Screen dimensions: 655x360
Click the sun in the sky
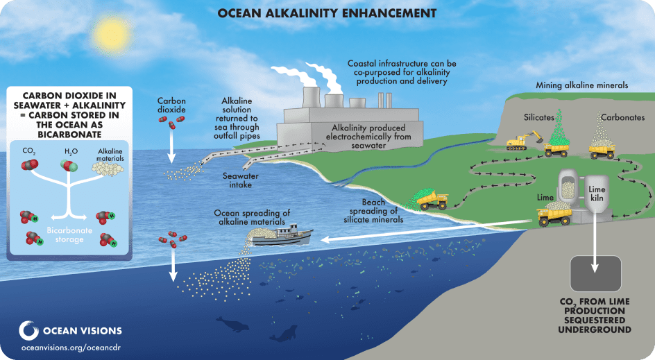(x=112, y=35)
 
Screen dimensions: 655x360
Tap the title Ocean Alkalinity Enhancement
(x=327, y=13)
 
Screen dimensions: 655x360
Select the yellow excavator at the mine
(x=523, y=141)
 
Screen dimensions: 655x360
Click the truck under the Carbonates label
(x=602, y=151)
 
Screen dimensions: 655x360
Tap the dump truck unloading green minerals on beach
(x=433, y=200)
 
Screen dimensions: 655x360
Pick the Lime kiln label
(x=597, y=194)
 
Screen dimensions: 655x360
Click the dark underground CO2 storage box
(x=596, y=273)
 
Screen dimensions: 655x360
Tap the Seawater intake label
(x=241, y=180)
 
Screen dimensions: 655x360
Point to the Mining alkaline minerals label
(x=582, y=85)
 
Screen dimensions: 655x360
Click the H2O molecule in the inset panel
(x=70, y=166)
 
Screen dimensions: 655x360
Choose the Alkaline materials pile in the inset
(x=108, y=169)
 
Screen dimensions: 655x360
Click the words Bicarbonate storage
(x=69, y=234)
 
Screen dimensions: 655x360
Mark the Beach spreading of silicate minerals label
(x=373, y=211)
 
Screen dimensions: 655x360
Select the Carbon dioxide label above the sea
(x=171, y=105)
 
